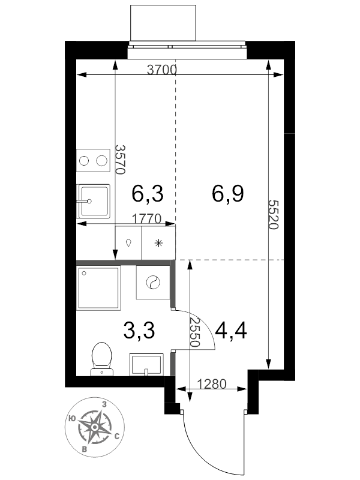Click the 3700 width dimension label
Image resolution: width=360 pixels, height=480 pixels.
coord(162,70)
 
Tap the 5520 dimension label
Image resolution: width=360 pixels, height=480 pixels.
coord(273,215)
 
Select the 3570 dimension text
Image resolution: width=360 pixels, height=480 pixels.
coord(120,159)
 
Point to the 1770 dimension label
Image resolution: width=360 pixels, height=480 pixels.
coord(146,219)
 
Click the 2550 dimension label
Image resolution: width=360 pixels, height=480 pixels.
coord(194,332)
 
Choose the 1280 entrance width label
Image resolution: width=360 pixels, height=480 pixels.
coord(212,383)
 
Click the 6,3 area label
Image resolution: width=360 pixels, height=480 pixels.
coord(148,193)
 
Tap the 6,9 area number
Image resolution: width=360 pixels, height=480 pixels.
coord(228,193)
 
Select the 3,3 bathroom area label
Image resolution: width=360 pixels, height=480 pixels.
coord(139,331)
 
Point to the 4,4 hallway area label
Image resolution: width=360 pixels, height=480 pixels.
coord(231,331)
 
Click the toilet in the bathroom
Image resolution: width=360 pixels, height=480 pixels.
coord(101,358)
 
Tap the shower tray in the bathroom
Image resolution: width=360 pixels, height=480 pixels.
coord(98,288)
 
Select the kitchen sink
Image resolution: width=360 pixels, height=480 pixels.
coord(94,201)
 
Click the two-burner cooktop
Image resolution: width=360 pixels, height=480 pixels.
coord(93,160)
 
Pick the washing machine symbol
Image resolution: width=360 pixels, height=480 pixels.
coord(153,282)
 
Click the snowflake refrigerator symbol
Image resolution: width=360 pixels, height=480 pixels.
coord(158,243)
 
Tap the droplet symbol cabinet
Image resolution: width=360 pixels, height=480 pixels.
coord(128,243)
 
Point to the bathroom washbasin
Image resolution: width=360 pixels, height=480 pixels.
coord(146,364)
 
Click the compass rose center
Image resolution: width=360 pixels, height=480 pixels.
coord(95,427)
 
